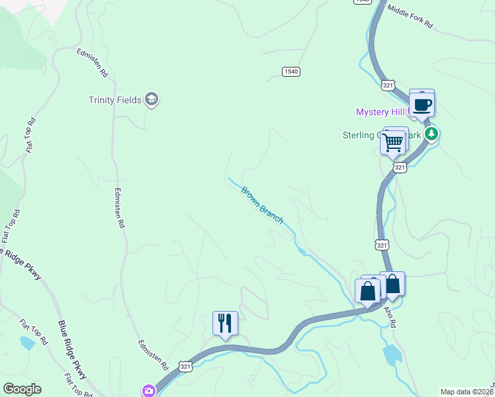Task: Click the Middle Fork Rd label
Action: pyautogui.click(x=410, y=18)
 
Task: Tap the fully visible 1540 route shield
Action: pyautogui.click(x=291, y=71)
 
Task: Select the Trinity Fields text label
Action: pyautogui.click(x=115, y=100)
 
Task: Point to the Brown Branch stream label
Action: pyautogui.click(x=262, y=204)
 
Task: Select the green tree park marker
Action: pyautogui.click(x=432, y=134)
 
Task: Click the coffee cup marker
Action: pyautogui.click(x=422, y=103)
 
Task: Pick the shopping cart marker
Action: pyautogui.click(x=394, y=141)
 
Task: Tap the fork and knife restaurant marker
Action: pyautogui.click(x=225, y=323)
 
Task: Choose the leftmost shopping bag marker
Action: pyautogui.click(x=367, y=291)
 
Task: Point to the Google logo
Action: pyautogui.click(x=22, y=389)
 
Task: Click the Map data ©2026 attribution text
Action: pyautogui.click(x=467, y=392)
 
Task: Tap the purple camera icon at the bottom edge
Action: pyautogui.click(x=149, y=391)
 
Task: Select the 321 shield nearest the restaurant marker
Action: pyautogui.click(x=186, y=366)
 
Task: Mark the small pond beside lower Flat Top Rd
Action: pyautogui.click(x=27, y=343)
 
